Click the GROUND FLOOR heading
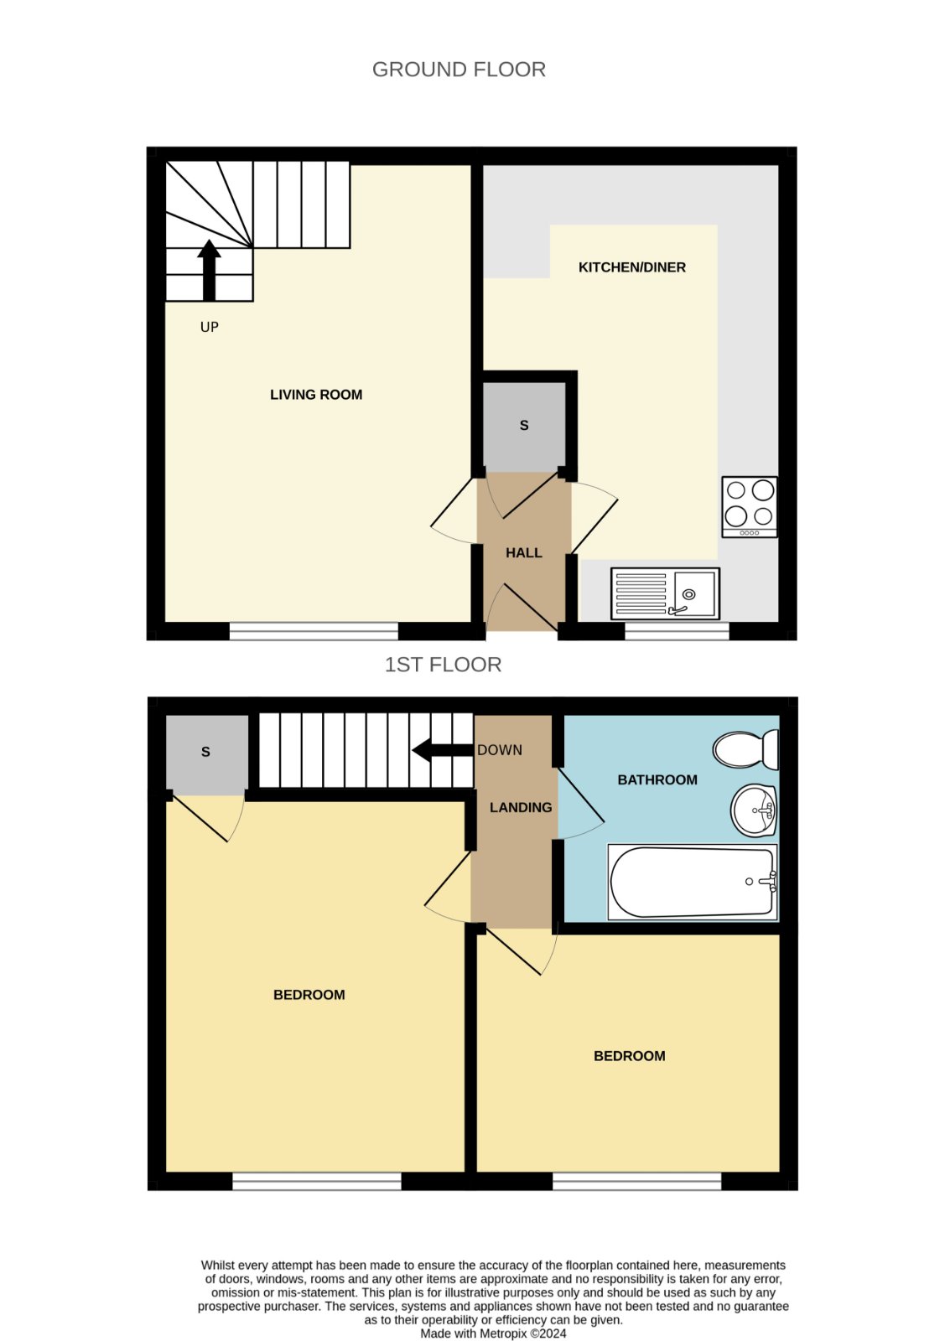click(459, 70)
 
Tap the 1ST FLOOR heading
click(443, 665)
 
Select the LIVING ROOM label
click(316, 395)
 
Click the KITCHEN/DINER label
click(631, 267)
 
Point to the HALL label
click(524, 552)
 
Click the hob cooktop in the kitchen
click(749, 507)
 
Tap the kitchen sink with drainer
click(665, 593)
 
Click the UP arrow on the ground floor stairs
click(209, 270)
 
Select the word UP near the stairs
click(209, 327)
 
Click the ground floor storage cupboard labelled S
click(524, 427)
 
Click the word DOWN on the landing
click(500, 749)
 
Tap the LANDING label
click(521, 808)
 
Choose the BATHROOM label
click(657, 779)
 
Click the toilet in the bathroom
click(745, 749)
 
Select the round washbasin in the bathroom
click(754, 810)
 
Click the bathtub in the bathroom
click(693, 882)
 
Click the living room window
click(314, 631)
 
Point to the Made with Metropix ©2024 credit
click(493, 1333)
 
